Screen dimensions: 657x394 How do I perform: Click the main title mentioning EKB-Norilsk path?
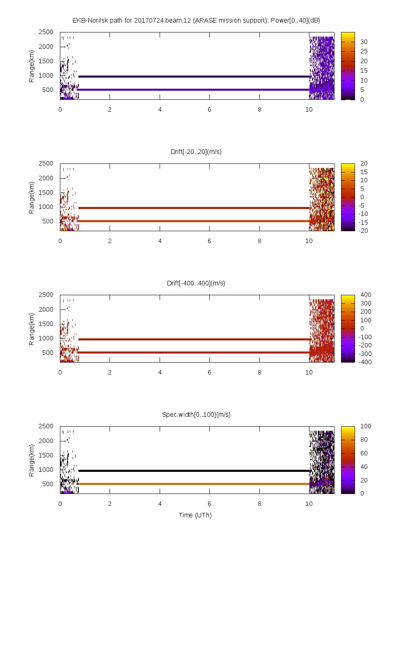click(196, 21)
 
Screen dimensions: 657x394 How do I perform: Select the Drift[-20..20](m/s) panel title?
click(196, 152)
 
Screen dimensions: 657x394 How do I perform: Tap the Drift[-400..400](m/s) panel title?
click(196, 283)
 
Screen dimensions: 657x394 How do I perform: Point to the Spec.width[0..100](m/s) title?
click(196, 415)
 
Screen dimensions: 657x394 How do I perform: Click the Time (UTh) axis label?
click(195, 515)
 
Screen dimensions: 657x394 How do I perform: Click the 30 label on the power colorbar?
click(364, 42)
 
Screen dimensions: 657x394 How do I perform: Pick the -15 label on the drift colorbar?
click(363, 223)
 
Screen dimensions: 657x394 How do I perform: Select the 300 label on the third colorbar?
click(365, 303)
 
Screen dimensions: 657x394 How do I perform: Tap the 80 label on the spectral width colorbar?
click(364, 440)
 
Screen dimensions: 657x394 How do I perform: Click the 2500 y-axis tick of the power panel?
click(46, 32)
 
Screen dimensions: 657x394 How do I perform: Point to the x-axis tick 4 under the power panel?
click(160, 110)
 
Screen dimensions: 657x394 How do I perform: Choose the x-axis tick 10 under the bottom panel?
click(309, 504)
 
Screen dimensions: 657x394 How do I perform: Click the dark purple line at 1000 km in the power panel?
click(193, 76)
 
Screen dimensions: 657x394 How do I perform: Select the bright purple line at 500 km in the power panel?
click(193, 90)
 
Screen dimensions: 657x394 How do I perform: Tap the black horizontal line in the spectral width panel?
click(193, 471)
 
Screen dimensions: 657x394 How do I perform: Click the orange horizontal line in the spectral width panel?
click(193, 484)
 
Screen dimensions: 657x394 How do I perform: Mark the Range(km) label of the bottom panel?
click(32, 460)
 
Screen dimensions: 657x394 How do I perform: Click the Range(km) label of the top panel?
click(32, 66)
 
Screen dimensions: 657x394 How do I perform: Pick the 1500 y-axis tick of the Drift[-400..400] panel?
click(46, 324)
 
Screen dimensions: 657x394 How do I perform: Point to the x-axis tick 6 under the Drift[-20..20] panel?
click(209, 241)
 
